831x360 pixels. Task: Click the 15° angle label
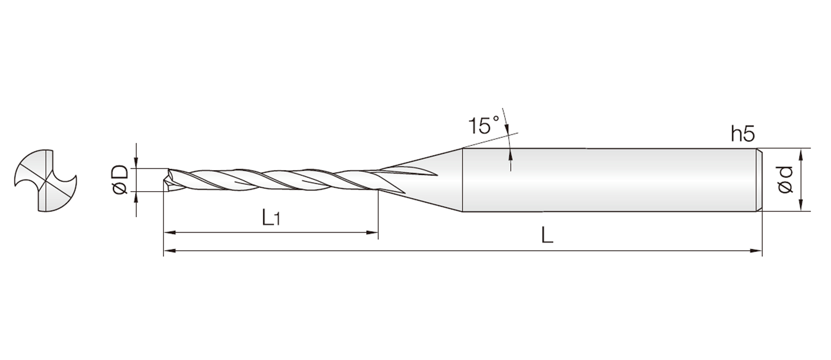[483, 125]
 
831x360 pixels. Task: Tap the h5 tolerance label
[743, 135]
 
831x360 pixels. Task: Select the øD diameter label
[120, 180]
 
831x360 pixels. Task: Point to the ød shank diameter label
[785, 180]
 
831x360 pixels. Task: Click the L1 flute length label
[271, 218]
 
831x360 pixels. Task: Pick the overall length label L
[548, 236]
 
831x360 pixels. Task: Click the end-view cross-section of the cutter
[45, 180]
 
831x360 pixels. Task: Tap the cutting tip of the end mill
[166, 180]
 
